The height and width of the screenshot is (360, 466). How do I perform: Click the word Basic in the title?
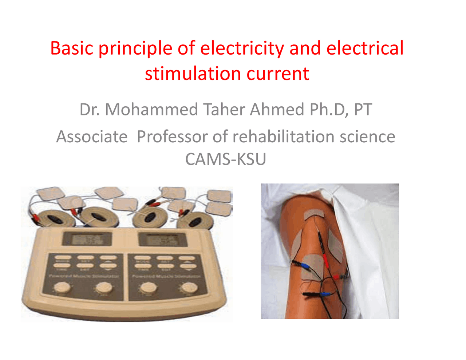tap(71, 48)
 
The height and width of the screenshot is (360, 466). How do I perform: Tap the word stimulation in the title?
tap(193, 74)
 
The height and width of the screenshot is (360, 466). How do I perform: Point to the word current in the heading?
tap(278, 74)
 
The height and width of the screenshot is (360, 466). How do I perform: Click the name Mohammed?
tap(151, 110)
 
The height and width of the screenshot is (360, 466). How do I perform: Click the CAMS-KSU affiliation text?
tap(226, 159)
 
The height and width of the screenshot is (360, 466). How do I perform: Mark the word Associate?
tap(92, 137)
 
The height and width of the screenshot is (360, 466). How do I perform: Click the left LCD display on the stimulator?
tap(87, 239)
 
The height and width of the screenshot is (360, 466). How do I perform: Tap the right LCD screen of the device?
tap(162, 240)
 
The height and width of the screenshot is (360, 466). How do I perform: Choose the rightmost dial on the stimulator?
tap(189, 288)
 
